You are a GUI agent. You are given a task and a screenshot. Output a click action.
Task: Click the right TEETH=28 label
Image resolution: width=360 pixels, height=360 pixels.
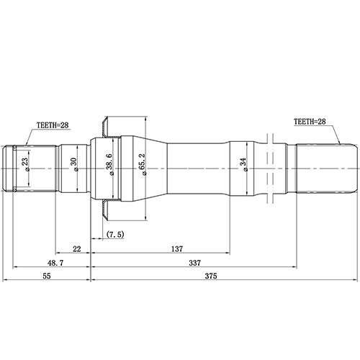pos(315,122)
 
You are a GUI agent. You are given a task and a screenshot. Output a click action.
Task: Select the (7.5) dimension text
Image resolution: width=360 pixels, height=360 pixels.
pos(114,235)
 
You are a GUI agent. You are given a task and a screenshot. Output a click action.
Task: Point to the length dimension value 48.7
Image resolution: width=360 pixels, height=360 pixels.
pos(46,263)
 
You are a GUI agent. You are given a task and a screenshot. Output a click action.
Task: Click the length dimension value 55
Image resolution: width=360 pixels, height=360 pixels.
pos(45,276)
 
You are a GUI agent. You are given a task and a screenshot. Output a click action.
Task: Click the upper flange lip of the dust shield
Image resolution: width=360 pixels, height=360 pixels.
pos(105,126)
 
